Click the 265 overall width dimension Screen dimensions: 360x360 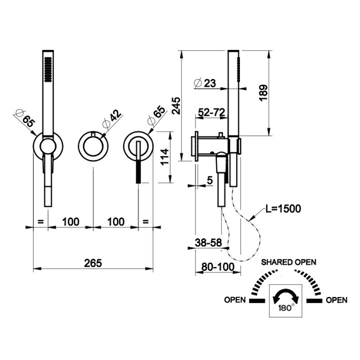(x=93, y=263)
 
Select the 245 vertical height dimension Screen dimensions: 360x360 (x=176, y=106)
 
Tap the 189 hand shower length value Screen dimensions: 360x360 (x=263, y=92)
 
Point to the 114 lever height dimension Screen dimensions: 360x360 (x=164, y=157)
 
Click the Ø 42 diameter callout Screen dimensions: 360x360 (x=112, y=118)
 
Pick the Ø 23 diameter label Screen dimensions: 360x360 (x=205, y=82)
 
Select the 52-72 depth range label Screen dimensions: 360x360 (x=211, y=112)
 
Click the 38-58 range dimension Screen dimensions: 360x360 (x=208, y=242)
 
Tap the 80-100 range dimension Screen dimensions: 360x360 (x=218, y=267)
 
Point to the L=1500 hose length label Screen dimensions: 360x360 (x=283, y=208)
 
